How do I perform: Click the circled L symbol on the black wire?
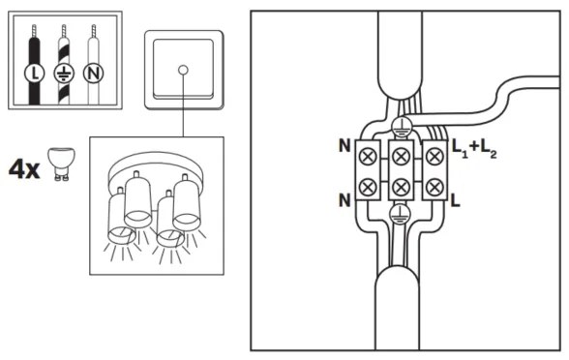pos(35,74)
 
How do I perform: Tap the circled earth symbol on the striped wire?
pos(64,74)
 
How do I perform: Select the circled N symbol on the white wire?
pos(94,74)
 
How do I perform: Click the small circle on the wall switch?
pos(184,70)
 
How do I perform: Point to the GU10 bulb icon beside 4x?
pos(61,165)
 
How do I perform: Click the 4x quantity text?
pos(24,169)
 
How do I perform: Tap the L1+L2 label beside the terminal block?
pos(474,149)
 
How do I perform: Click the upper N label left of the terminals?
pos(344,146)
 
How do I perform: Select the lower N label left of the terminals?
pos(344,200)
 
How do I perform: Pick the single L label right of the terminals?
pos(455,200)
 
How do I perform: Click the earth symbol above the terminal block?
pos(401,127)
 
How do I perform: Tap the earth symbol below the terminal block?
pos(399,215)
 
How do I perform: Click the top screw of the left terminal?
pos(368,157)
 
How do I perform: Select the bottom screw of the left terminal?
pos(368,188)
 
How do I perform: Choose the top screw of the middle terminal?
pos(401,157)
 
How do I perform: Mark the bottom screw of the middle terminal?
pos(401,188)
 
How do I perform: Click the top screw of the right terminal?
pos(434,157)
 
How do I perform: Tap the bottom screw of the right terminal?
pos(434,188)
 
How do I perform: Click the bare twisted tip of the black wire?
pos(34,31)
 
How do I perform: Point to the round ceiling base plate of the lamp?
pos(157,170)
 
